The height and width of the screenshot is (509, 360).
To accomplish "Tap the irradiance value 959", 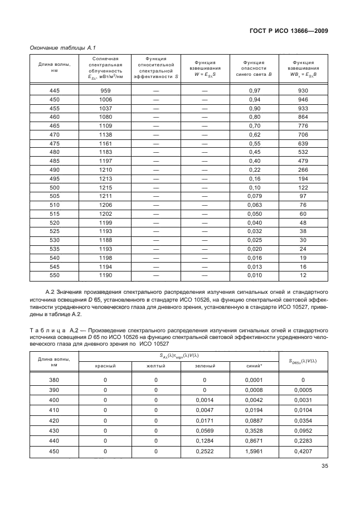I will pos(105,90).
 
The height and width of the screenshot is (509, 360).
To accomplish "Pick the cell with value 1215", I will pos(105,187).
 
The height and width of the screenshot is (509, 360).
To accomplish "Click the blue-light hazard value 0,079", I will pos(254,196).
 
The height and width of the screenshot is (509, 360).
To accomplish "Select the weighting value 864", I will pos(303,117).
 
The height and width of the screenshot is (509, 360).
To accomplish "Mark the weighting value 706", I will pos(303,134).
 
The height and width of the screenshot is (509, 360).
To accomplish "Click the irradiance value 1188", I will pos(105,240).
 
